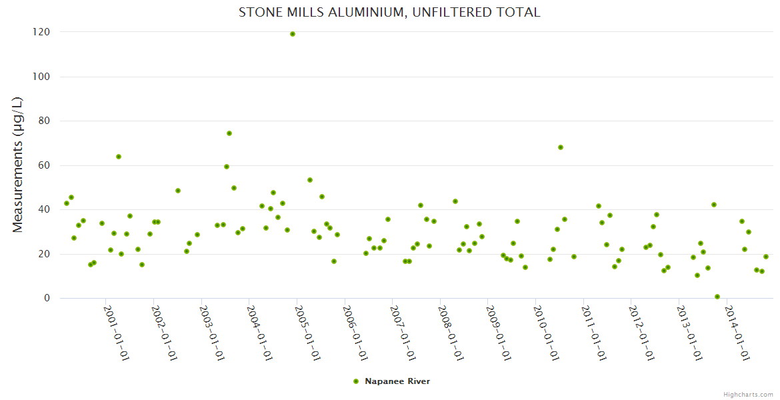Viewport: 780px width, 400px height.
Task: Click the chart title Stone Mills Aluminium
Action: coord(389,13)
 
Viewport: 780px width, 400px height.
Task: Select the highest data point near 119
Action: coord(293,34)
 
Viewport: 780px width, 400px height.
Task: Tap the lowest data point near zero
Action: coord(717,297)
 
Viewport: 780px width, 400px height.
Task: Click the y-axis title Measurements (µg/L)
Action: coord(18,165)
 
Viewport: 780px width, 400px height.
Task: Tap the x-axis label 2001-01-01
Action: coord(116,333)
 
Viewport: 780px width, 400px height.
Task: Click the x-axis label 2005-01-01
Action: coord(307,333)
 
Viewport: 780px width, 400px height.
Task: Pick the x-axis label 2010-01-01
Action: coord(546,333)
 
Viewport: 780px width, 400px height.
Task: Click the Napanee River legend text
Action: coord(397,381)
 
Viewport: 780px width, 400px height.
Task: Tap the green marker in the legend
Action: coord(355,381)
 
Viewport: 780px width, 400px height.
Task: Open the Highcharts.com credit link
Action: coord(748,395)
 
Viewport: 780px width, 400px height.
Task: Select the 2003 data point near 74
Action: coord(229,133)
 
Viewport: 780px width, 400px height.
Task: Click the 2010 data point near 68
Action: coord(561,147)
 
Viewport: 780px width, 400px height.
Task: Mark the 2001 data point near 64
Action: coord(119,157)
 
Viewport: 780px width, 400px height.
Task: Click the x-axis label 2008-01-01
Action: coord(451,333)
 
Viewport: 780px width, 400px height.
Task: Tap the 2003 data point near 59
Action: coord(227,167)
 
